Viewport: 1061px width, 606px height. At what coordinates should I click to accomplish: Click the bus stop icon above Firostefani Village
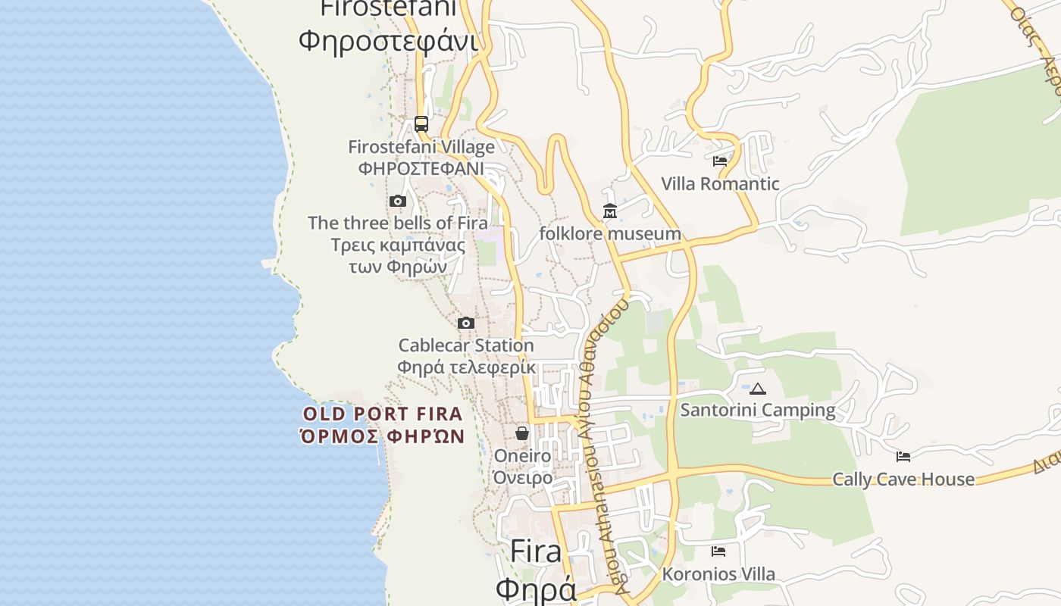click(421, 123)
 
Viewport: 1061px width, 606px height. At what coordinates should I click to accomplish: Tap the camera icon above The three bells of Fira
click(397, 201)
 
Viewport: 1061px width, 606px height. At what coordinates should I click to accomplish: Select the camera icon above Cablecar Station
click(466, 323)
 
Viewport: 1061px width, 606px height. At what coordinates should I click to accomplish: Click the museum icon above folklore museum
click(610, 211)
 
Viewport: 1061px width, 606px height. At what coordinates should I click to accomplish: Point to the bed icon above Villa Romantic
click(720, 161)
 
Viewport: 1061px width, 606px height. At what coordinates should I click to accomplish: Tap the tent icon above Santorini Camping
click(758, 389)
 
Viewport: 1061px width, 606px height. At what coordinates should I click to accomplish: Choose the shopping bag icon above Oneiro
click(522, 433)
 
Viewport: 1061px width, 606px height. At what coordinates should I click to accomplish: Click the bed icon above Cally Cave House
click(903, 456)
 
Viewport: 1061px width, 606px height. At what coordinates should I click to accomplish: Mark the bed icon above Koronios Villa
click(718, 551)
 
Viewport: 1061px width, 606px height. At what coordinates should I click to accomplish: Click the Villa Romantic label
click(720, 183)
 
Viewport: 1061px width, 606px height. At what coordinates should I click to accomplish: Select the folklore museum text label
click(610, 233)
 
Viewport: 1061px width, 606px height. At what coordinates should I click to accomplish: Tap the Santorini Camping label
click(758, 410)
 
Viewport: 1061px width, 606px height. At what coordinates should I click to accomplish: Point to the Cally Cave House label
click(903, 479)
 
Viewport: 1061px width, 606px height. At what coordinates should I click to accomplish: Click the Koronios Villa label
click(718, 573)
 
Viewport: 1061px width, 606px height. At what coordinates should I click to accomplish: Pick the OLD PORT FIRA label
click(383, 414)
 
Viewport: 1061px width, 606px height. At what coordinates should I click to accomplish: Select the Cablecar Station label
click(466, 345)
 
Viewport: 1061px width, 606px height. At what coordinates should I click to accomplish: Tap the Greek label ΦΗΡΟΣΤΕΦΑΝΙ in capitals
click(421, 168)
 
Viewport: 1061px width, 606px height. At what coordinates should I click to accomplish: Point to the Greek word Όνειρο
click(523, 478)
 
